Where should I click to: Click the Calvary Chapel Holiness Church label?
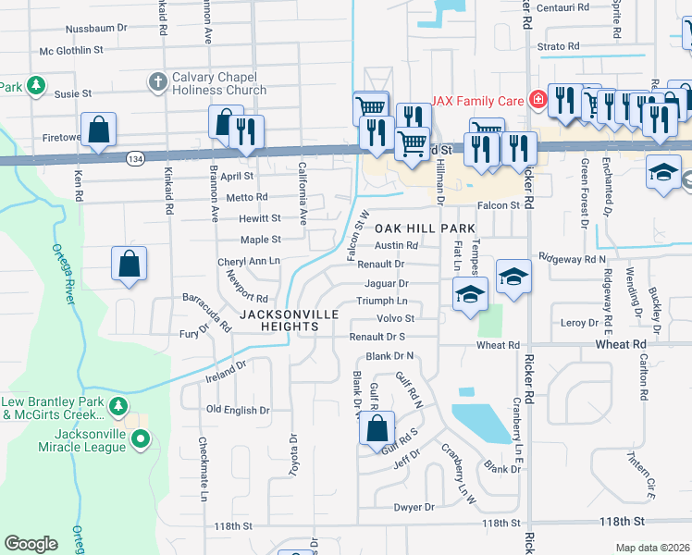click(218, 83)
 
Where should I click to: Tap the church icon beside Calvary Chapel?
click(155, 83)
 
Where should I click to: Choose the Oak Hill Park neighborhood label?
click(425, 228)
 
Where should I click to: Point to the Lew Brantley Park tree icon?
click(117, 406)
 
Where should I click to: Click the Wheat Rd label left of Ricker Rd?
click(498, 345)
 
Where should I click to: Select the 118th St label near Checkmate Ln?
click(233, 525)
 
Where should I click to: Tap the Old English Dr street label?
click(237, 410)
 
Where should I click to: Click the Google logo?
click(31, 544)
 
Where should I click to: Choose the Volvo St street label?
click(394, 319)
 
